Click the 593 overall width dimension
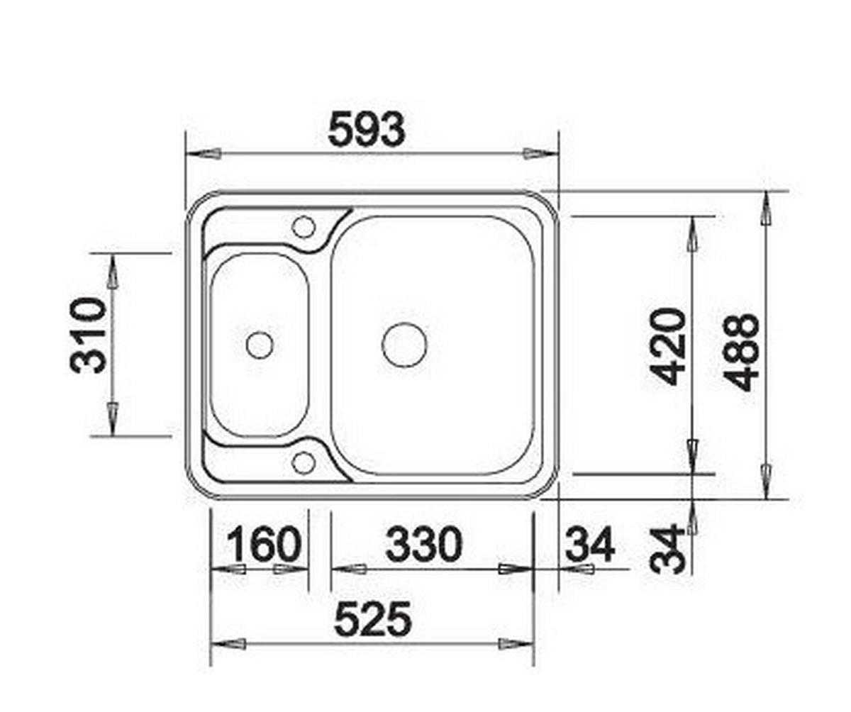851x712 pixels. coord(366,130)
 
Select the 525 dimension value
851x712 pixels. coord(372,619)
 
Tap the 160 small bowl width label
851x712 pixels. coord(263,545)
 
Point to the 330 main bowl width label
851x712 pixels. coord(423,545)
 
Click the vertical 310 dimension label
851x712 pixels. coord(89,335)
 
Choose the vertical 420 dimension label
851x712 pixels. coord(669,346)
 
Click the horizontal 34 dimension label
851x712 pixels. coord(589,545)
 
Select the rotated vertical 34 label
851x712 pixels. coord(669,550)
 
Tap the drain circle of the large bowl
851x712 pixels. coord(404,345)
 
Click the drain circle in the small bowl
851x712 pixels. coord(259,345)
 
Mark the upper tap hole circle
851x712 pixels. coord(304,227)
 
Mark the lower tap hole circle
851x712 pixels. coord(304,462)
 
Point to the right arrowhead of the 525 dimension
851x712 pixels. coord(516,644)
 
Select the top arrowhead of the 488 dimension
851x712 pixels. coord(766,210)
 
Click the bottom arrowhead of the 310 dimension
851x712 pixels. coord(112,416)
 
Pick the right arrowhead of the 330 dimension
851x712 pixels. coord(515,569)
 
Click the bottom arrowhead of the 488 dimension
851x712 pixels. coord(766,480)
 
